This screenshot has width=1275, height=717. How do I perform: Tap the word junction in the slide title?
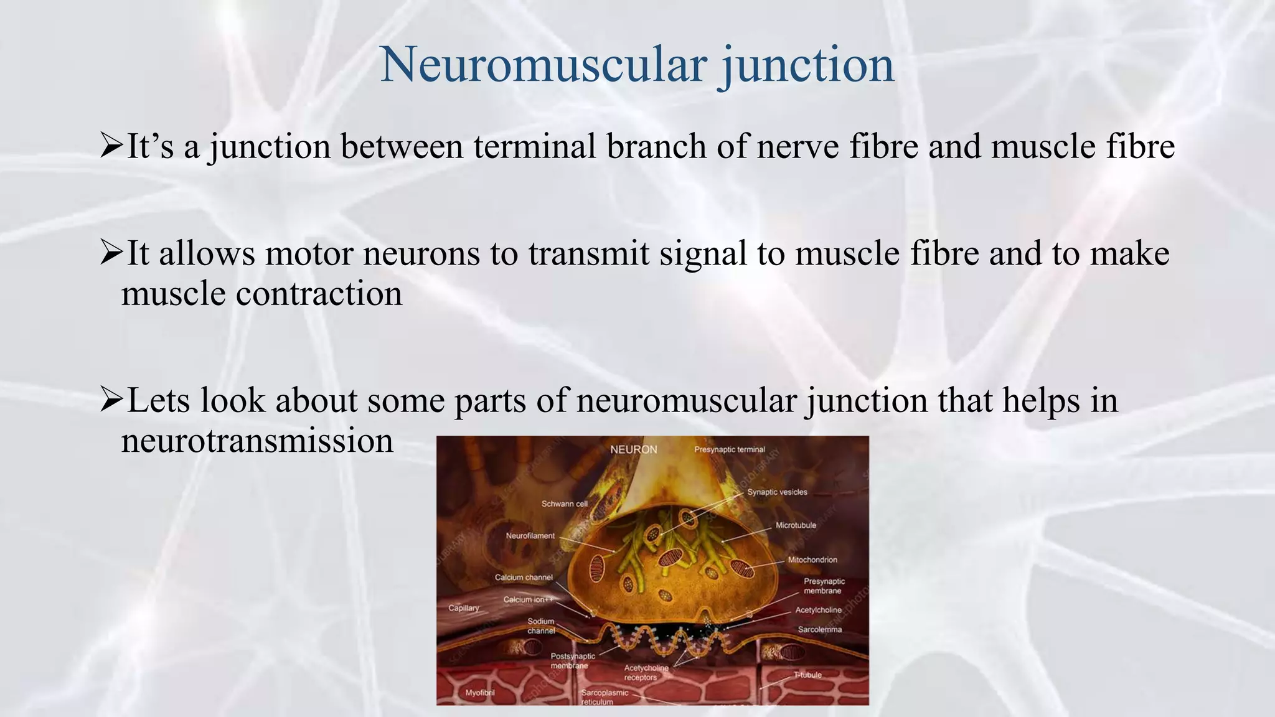click(x=808, y=65)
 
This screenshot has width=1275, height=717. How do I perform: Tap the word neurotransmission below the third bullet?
click(x=257, y=441)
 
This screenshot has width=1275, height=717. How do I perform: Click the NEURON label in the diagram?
click(x=633, y=449)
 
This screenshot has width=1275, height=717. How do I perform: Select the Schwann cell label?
click(x=564, y=504)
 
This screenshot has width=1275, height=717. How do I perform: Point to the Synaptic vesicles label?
click(x=777, y=492)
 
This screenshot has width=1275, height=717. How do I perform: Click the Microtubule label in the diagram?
click(x=795, y=525)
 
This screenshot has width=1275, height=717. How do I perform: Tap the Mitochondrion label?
click(x=812, y=560)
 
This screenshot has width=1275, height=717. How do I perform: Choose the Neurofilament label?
click(x=530, y=535)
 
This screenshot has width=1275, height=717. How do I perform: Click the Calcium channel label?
click(x=524, y=577)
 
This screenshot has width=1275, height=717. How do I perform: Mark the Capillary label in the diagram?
click(x=464, y=608)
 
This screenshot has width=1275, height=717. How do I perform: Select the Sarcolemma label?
click(x=819, y=629)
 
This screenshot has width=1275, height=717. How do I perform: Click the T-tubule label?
click(x=807, y=675)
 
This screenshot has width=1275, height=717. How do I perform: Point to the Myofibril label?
click(x=480, y=692)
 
